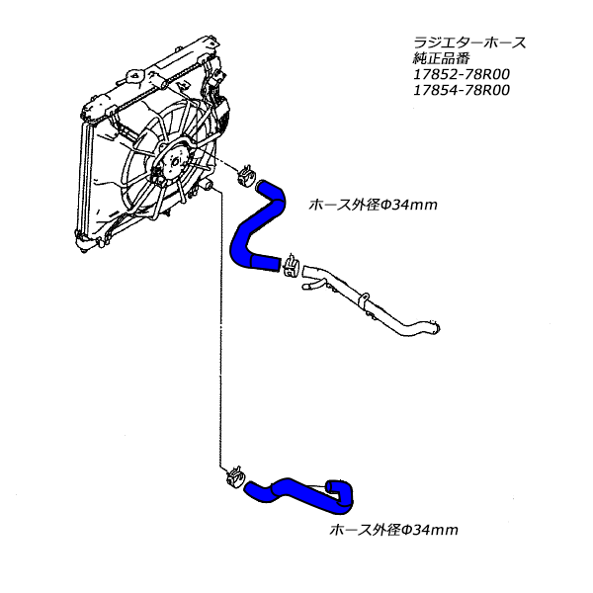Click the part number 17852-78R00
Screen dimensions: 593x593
(460, 75)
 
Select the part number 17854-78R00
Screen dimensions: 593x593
(460, 91)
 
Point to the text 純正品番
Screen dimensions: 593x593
(442, 59)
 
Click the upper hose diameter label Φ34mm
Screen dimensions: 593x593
(373, 206)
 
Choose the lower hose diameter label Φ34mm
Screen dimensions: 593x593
(392, 531)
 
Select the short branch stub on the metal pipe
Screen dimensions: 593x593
(310, 286)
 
